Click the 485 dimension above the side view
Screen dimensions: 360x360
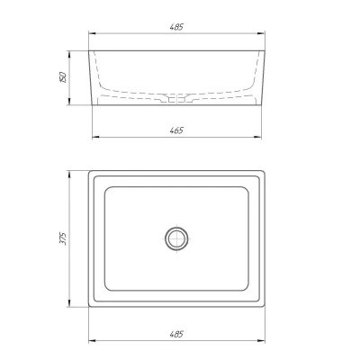click(176, 27)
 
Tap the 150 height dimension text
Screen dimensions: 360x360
click(63, 77)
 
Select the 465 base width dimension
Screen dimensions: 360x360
click(176, 130)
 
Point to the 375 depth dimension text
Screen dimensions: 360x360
click(63, 238)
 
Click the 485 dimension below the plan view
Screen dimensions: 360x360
click(176, 334)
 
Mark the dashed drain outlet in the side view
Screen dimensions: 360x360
click(176, 99)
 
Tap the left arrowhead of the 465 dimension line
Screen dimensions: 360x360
click(96, 137)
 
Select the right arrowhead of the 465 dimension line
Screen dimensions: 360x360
click(257, 137)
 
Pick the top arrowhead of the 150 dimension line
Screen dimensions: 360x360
click(69, 55)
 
